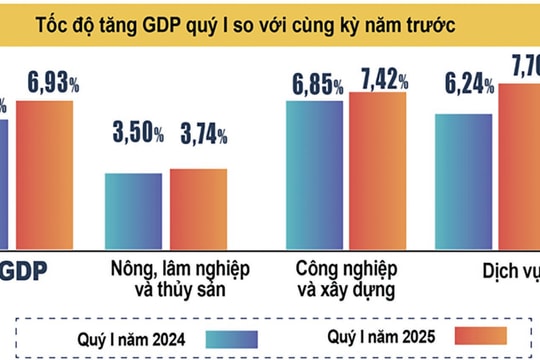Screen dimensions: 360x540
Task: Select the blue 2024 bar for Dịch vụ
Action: [x=464, y=173]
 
